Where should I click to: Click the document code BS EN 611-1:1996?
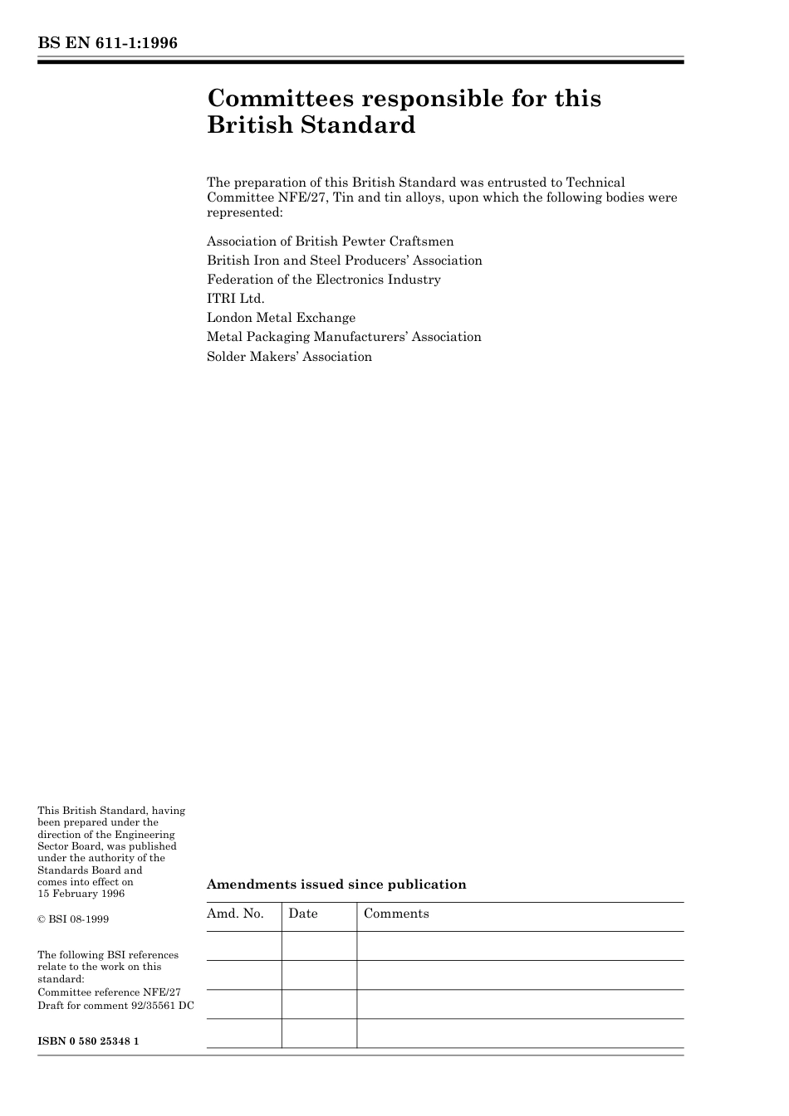pos(107,43)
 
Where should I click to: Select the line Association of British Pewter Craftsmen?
pos(330,241)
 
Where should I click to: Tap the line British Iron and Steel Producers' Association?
pos(344,261)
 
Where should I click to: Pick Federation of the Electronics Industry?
pos(323,280)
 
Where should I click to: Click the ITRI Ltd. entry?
pos(235,299)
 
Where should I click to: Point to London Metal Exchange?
pos(281,318)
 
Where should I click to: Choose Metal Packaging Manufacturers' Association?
pos(344,337)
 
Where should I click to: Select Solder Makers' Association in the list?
pos(289,357)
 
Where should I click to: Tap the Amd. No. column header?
pos(235,914)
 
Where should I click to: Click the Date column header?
pos(302,914)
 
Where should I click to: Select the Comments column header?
pos(396,914)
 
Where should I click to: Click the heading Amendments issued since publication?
pos(336,885)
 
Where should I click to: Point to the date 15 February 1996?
pos(81,894)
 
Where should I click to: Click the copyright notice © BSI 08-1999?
pos(73,919)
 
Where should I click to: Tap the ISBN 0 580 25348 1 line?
pos(88,1040)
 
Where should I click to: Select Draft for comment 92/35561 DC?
pos(115,1006)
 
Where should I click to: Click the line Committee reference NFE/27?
pos(109,992)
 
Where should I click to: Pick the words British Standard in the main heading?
pos(311,125)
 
